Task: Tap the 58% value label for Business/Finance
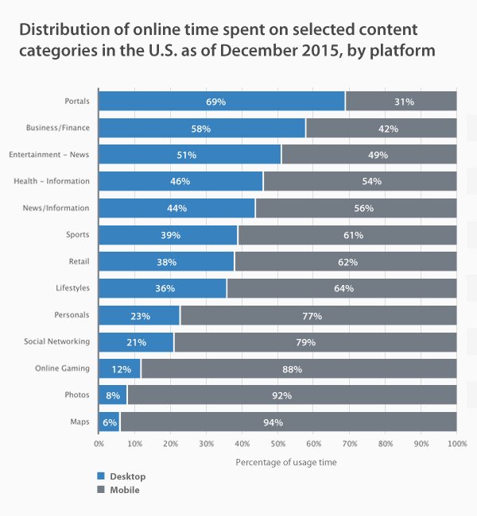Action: [202, 128]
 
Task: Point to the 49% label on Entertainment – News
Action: [369, 155]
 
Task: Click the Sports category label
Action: [78, 235]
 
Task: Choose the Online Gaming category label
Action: [62, 368]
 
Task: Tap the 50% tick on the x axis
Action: [278, 443]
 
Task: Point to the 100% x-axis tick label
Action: [456, 443]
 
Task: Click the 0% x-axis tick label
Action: [99, 443]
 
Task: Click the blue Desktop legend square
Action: [100, 476]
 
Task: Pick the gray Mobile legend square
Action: [100, 490]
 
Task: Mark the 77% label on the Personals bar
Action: [312, 315]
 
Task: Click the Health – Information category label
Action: [52, 181]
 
